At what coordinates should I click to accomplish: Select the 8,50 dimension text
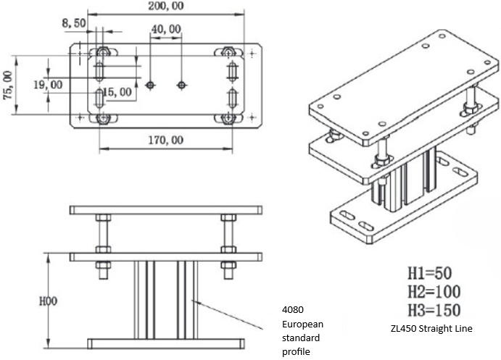75,23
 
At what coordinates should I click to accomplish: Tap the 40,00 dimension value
166,30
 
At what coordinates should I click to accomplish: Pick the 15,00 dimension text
117,92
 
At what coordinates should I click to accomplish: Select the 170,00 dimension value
166,140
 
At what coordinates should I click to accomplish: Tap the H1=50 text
428,275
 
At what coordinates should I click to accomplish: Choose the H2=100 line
433,293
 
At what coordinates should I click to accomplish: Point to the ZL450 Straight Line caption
431,329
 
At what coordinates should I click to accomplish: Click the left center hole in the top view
150,85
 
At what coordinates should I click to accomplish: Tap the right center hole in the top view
182,85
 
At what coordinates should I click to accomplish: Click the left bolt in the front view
102,239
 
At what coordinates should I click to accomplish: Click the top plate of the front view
166,210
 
